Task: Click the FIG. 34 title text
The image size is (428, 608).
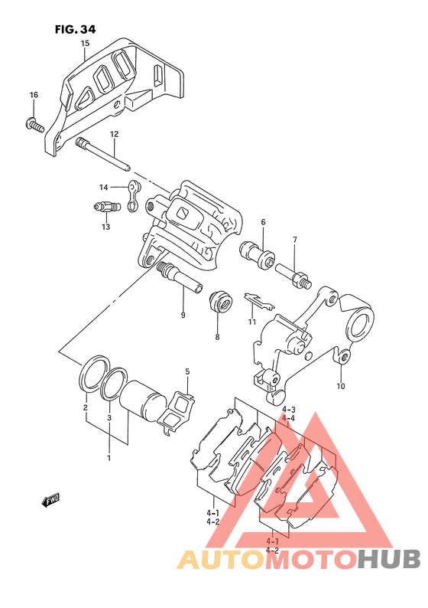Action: click(x=75, y=29)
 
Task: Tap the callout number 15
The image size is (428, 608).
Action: click(x=85, y=43)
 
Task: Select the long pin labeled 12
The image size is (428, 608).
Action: click(x=103, y=154)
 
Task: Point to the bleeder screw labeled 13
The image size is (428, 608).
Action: click(x=107, y=208)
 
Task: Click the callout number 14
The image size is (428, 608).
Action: click(x=103, y=188)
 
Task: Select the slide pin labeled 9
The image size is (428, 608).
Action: click(x=180, y=278)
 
